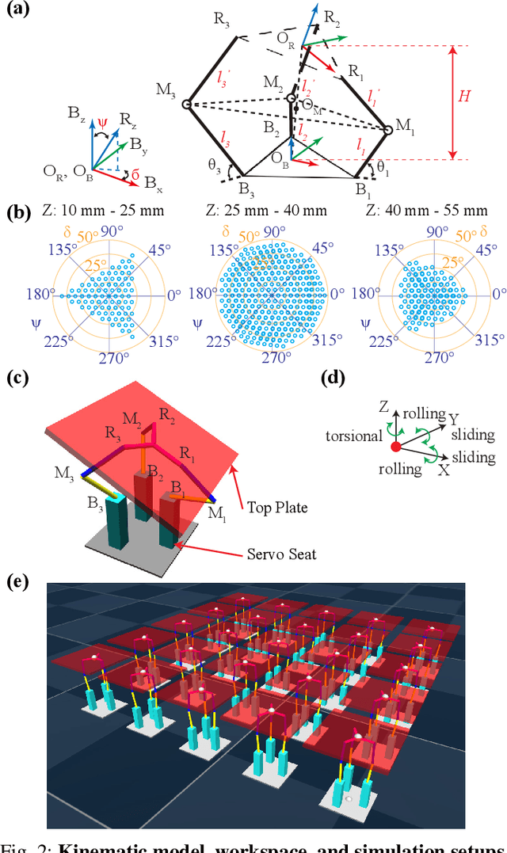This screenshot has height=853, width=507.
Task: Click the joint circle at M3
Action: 187,104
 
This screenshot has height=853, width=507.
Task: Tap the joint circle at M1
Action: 387,128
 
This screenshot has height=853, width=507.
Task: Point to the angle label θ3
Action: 215,165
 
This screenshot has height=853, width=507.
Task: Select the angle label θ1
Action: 383,169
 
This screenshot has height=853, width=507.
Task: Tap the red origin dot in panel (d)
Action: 396,448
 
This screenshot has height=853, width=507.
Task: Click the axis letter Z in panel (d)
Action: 383,407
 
